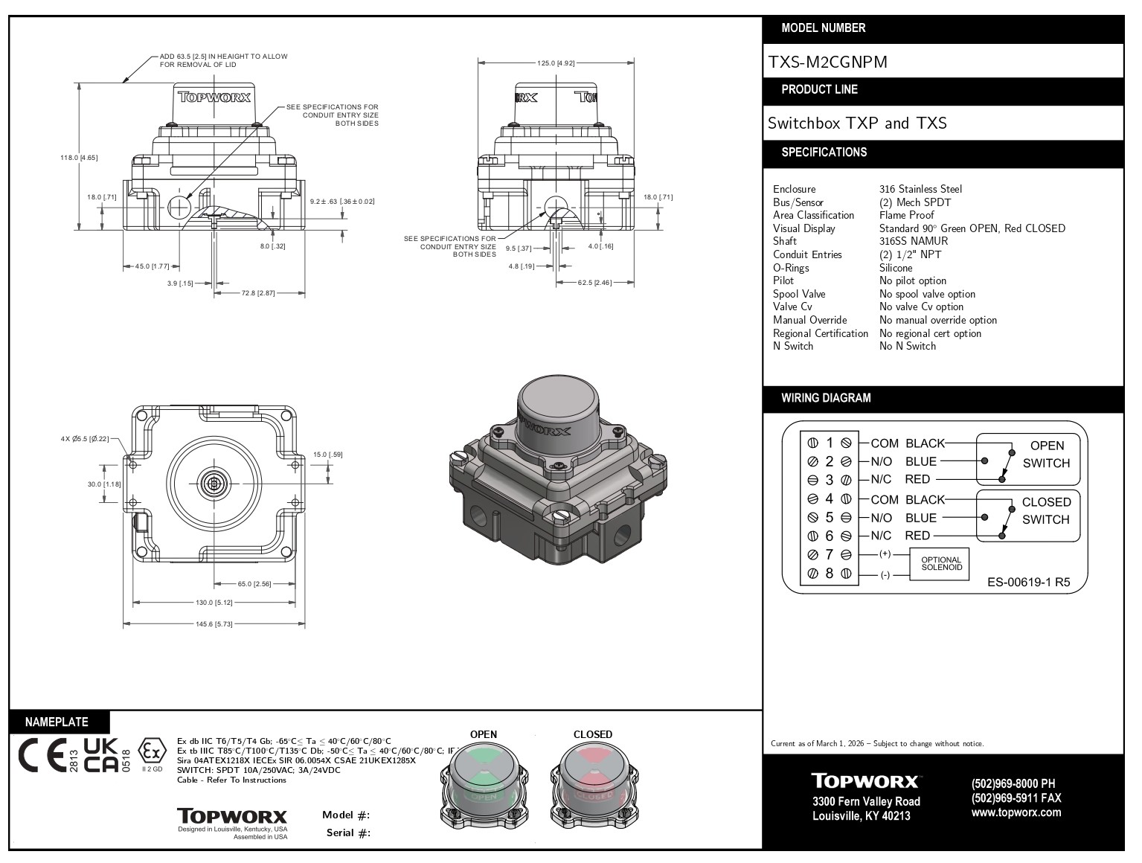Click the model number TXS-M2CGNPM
[827, 62]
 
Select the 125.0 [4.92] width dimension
[556, 63]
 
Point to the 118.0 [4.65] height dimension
[79, 157]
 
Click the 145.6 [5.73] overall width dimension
[214, 624]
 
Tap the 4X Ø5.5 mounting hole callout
[84, 439]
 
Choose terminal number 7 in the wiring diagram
[829, 555]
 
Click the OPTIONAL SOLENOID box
[941, 564]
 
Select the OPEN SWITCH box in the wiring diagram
[1027, 455]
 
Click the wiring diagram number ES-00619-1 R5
[1028, 583]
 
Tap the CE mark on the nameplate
[42, 755]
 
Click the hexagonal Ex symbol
[152, 751]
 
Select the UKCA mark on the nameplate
[100, 755]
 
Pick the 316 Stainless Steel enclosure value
[920, 189]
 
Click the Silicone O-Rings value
[896, 268]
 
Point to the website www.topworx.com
[1016, 812]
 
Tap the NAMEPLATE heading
[57, 722]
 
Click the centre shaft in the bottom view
[214, 484]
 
